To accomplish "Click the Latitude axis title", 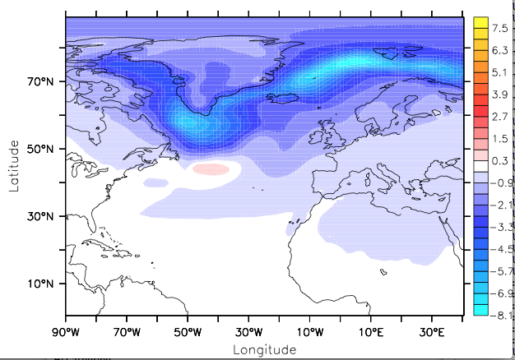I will tap(14, 165).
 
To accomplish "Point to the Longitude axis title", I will tap(263, 349).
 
